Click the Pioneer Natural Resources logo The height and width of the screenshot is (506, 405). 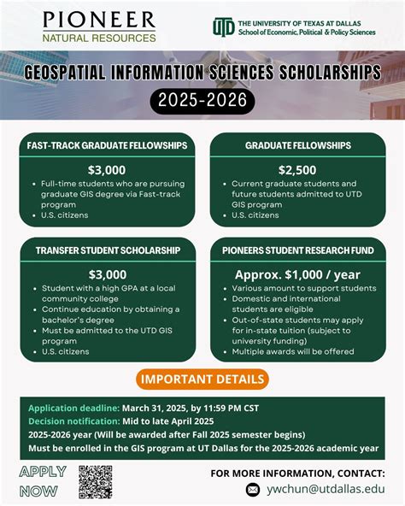coord(99,26)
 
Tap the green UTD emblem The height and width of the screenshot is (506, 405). coord(223,27)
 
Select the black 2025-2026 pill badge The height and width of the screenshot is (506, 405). coord(202,101)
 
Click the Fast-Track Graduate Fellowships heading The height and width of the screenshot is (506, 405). coord(108,146)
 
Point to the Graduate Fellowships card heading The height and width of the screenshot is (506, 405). coord(298,146)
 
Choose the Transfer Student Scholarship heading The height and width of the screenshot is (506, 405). coord(108,250)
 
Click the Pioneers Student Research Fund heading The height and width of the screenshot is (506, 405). coord(298,250)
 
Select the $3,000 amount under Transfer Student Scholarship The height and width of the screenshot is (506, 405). coord(108,274)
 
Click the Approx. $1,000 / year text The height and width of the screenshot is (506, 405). coord(298,274)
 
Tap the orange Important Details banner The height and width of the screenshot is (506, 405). coord(202,379)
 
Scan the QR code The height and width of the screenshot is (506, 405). coord(95,482)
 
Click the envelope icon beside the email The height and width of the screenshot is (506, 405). coord(252,490)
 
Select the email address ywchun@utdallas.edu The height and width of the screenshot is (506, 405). coord(325,490)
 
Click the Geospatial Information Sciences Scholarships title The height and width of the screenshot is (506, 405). coord(202,73)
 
